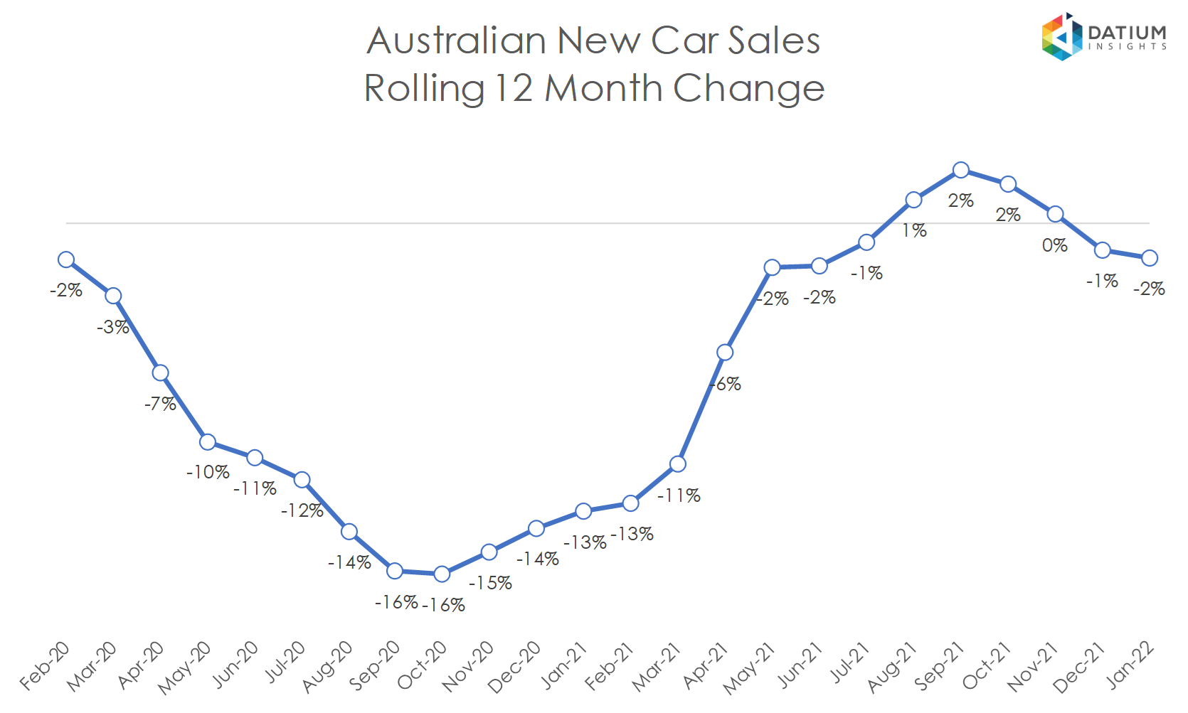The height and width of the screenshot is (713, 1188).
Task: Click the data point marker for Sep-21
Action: (961, 170)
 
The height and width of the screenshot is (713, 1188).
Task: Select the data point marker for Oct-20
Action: (442, 574)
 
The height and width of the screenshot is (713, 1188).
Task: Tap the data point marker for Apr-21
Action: (725, 353)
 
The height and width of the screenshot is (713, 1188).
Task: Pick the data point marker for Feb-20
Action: (66, 259)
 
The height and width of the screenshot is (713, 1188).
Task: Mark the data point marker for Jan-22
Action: (1150, 258)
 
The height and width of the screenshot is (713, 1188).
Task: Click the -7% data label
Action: (160, 404)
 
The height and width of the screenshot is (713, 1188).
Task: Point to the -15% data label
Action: (490, 583)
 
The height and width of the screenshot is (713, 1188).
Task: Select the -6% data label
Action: (726, 384)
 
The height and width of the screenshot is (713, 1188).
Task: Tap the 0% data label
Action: (1055, 245)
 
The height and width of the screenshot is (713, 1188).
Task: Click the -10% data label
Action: (208, 472)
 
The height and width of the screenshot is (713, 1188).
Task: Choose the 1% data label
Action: (914, 230)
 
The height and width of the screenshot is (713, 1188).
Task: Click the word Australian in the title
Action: (457, 41)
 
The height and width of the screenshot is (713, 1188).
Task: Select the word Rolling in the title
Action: (424, 89)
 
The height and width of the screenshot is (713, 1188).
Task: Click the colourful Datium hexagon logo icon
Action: (1061, 37)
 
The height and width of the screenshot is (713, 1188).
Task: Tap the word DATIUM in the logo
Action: (1127, 33)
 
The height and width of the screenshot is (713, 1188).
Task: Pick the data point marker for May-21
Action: (772, 267)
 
